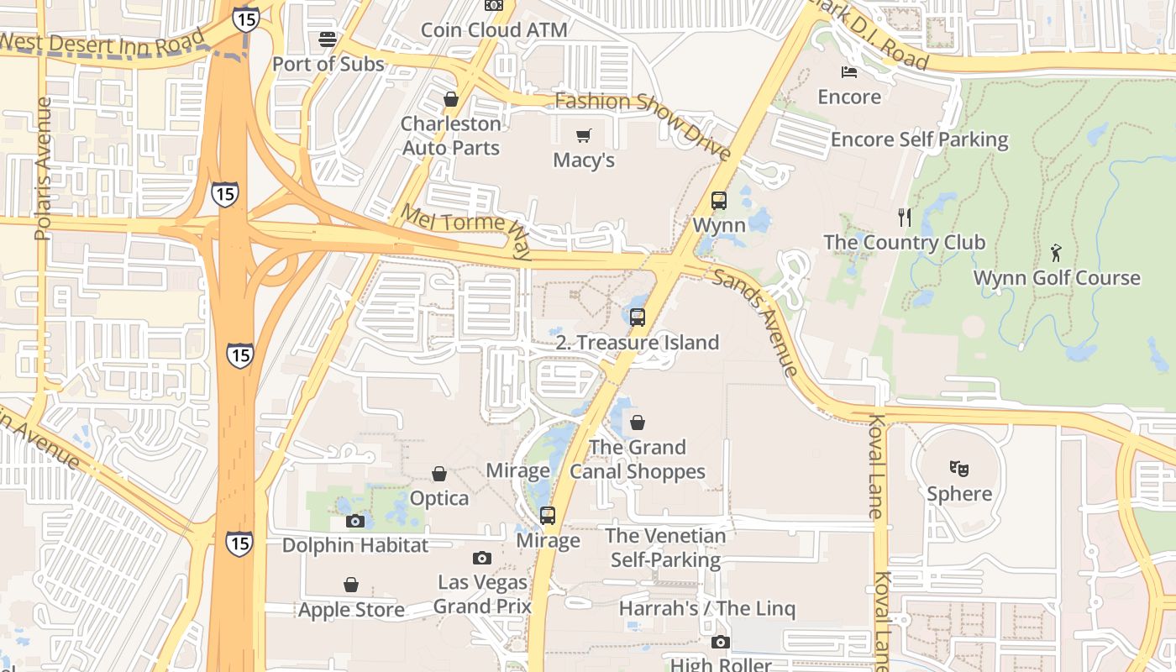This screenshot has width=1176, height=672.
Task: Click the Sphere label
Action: coord(959,493)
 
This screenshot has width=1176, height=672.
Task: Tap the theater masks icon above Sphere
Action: coord(959,468)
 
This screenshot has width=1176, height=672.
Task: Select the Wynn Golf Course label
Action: coord(1057,277)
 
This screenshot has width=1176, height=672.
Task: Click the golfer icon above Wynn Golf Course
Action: coord(1056,252)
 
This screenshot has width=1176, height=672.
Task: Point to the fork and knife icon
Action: coord(905,218)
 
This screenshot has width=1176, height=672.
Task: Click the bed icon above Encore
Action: coord(849,72)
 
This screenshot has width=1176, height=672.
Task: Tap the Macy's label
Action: coord(584,160)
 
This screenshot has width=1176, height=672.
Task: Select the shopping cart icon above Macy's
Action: coord(584,135)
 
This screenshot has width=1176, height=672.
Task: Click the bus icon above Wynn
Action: coord(719,200)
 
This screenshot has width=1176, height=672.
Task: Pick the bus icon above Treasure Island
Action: coord(638,317)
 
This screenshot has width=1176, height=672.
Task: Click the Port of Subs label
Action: coord(328,64)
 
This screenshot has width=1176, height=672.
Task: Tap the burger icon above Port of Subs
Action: coord(328,39)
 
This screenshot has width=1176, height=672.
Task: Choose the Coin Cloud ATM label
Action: coord(494,30)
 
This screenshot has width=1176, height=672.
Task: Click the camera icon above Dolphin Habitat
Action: coord(354,521)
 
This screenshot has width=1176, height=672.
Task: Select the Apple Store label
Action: coord(351,610)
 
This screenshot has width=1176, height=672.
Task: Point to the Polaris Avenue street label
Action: coord(44,168)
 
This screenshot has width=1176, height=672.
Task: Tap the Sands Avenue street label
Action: coord(755,323)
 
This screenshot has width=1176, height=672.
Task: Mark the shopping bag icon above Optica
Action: coord(438,475)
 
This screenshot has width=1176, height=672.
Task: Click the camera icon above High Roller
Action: coord(720,643)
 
